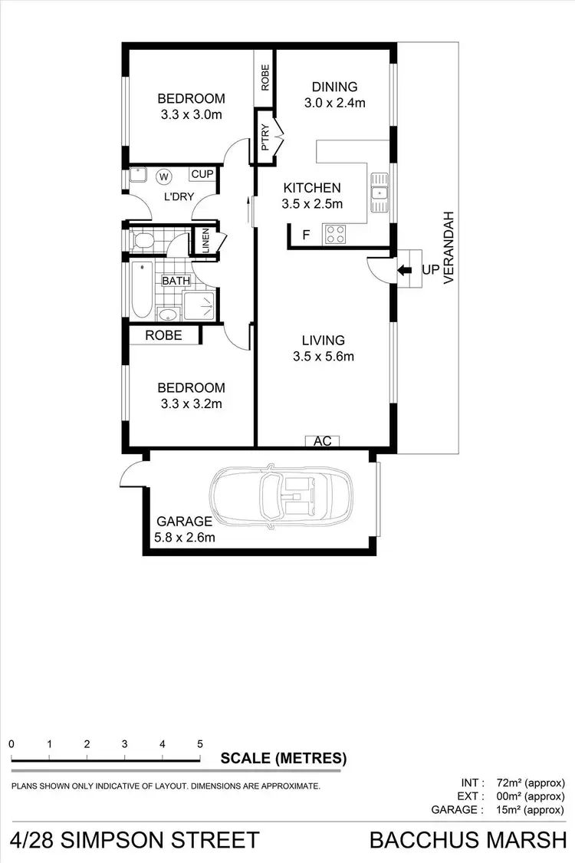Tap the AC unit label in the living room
pos(323,441)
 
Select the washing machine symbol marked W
pos(163,177)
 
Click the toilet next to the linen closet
pos(142,242)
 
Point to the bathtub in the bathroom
pos(141,290)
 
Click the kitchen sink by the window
pos(379,192)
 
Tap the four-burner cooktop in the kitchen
pos(335,234)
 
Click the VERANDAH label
pos(450,248)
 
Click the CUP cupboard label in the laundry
pos(202,174)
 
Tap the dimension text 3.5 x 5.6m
pos(323,356)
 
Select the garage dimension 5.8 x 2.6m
pos(185,537)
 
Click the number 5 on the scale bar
pos(199,743)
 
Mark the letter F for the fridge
pos(306,236)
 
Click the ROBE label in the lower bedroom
pos(163,335)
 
